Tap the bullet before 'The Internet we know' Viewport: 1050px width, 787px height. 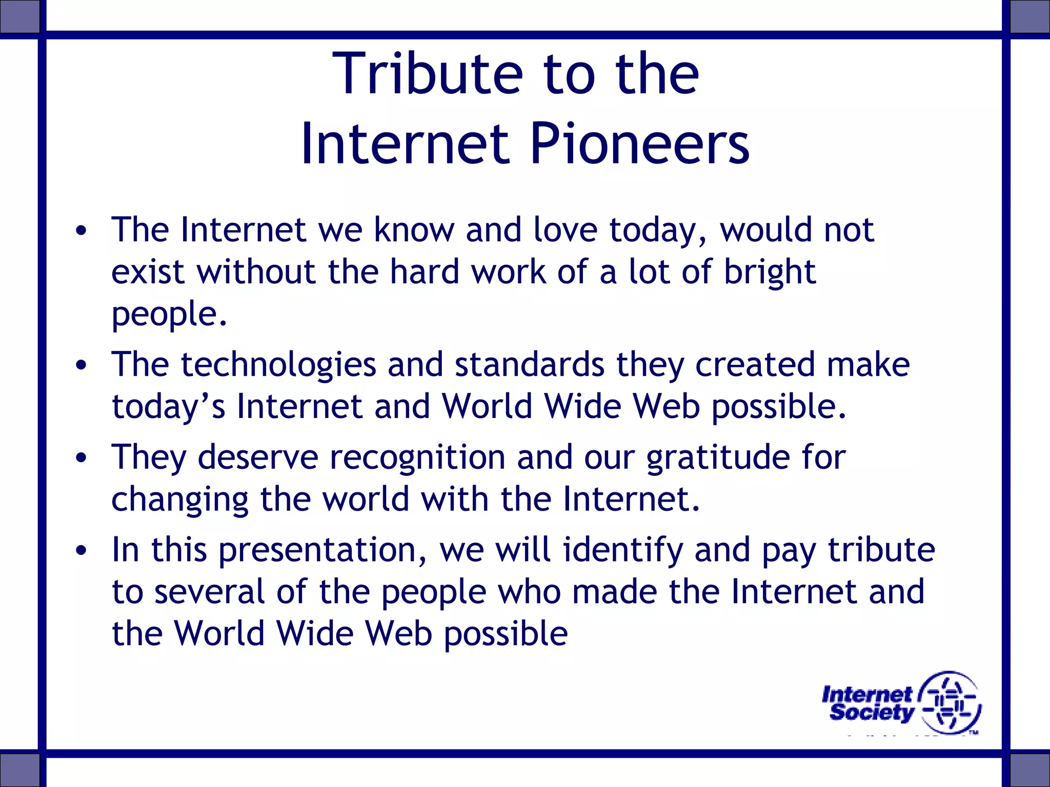point(81,231)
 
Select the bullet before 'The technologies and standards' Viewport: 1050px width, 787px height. point(81,365)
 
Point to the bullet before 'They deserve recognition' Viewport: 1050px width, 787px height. point(81,458)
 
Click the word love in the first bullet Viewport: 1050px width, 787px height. point(565,230)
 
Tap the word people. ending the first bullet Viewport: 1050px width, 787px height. point(169,315)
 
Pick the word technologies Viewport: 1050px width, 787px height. point(278,365)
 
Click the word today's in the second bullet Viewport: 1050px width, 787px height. point(168,407)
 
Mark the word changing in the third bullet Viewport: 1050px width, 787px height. point(179,500)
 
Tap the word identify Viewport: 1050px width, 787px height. point(622,550)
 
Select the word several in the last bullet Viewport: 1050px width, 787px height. point(209,592)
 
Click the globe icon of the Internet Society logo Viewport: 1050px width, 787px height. point(950,702)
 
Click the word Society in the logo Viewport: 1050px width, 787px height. point(872,713)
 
